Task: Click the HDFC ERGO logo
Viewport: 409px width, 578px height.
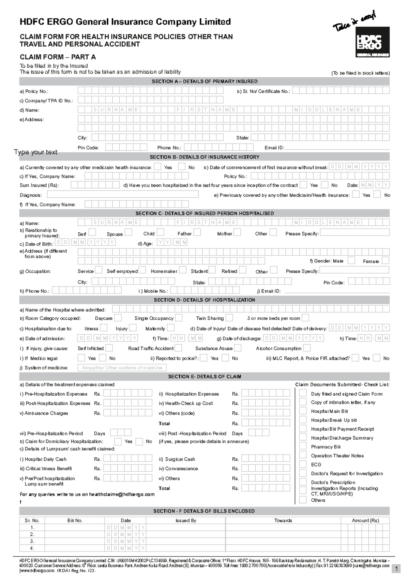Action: tap(373, 42)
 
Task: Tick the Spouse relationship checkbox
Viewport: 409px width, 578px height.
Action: tap(128, 232)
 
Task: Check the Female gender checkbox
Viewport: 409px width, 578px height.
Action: tap(385, 261)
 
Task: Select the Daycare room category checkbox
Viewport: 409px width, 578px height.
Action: tap(118, 318)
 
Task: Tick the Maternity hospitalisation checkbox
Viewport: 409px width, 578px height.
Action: tap(171, 328)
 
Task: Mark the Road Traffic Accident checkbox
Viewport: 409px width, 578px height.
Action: tap(178, 348)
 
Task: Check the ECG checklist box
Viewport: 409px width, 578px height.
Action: tap(303, 464)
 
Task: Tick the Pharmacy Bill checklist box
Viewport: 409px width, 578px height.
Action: tap(303, 446)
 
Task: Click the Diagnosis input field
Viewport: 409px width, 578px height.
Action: tap(123, 195)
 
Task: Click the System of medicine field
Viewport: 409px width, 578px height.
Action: tap(122, 368)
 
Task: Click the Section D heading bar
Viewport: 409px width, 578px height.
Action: tap(204, 300)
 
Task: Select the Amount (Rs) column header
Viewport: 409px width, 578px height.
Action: tap(365, 520)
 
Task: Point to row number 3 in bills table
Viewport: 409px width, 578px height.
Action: tap(32, 541)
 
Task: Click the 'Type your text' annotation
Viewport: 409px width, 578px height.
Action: tap(36, 152)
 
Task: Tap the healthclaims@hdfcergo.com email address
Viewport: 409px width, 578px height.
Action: tap(122, 494)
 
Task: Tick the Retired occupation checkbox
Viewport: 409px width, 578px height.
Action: tap(242, 270)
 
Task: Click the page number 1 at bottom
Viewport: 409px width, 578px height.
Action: tap(396, 569)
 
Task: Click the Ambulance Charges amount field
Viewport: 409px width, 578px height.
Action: tap(128, 413)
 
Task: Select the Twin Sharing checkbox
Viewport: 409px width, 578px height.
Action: tap(229, 318)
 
